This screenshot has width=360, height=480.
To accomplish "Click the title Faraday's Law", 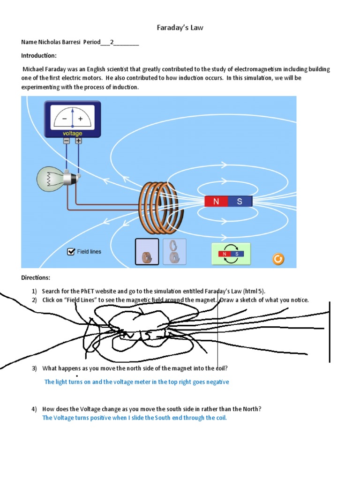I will pyautogui.click(x=180, y=28).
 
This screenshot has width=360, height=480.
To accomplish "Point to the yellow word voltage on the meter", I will pyautogui.click(x=72, y=134).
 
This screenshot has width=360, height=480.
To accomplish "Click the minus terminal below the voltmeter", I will pyautogui.click(x=67, y=141).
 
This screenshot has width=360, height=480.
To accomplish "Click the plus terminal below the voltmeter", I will pyautogui.click(x=78, y=141).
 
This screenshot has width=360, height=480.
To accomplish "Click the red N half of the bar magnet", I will pyautogui.click(x=216, y=202).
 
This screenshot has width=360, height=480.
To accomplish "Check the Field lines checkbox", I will pyautogui.click(x=71, y=252).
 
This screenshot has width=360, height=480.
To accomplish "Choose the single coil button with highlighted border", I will pyautogui.click(x=147, y=252).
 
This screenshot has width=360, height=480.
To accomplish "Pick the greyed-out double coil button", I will pyautogui.click(x=174, y=252).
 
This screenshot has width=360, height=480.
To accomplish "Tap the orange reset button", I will pyautogui.click(x=278, y=258).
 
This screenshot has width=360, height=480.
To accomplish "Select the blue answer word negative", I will pyautogui.click(x=217, y=382).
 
